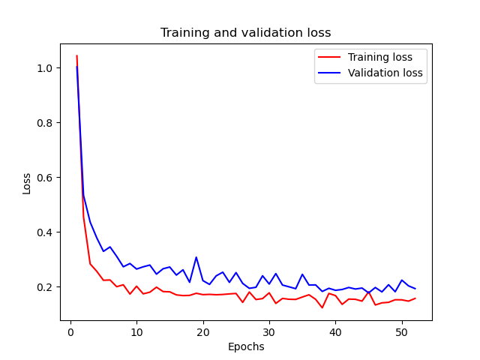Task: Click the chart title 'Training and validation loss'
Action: pyautogui.click(x=245, y=33)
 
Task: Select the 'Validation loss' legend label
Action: pyautogui.click(x=386, y=73)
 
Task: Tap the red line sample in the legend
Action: pyautogui.click(x=329, y=56)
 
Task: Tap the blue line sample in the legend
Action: pyautogui.click(x=329, y=73)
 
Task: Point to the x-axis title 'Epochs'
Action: pyautogui.click(x=245, y=346)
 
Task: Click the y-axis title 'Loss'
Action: pyautogui.click(x=27, y=183)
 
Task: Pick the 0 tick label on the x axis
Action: pyautogui.click(x=70, y=331)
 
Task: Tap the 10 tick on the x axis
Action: pyautogui.click(x=136, y=331)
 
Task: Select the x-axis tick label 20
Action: pyautogui.click(x=202, y=331)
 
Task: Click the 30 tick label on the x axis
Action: pyautogui.click(x=269, y=331)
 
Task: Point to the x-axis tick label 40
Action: pyautogui.click(x=335, y=331)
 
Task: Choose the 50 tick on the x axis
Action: pyautogui.click(x=401, y=331)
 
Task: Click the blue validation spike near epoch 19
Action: pyautogui.click(x=196, y=257)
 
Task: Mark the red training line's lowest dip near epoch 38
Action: pyautogui.click(x=322, y=307)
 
